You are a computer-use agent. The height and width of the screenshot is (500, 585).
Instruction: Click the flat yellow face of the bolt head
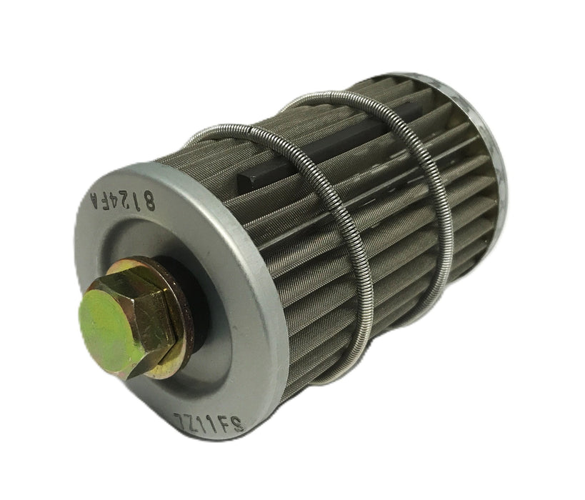107,334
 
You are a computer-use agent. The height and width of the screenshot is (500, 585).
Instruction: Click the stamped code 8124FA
124,199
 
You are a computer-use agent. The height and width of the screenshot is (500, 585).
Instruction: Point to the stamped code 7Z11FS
209,422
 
